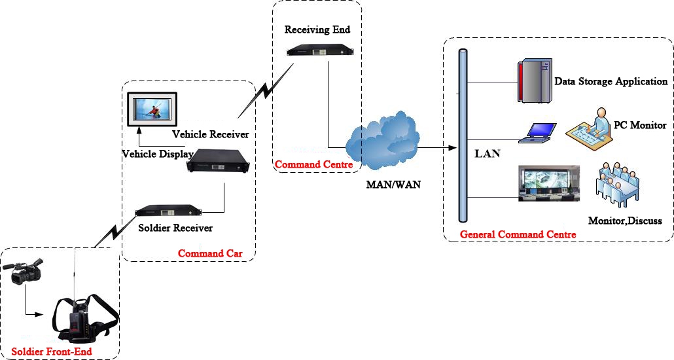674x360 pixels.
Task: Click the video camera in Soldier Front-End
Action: (x=23, y=271)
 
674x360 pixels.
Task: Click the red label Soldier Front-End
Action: (x=52, y=351)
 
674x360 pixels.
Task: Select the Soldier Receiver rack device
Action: (x=168, y=211)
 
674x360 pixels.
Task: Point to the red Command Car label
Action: (x=210, y=253)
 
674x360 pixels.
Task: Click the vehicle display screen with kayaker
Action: (x=152, y=109)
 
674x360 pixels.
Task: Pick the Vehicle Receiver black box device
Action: (x=219, y=161)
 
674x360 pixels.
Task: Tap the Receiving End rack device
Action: (x=320, y=50)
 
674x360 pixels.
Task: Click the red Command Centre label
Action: (x=314, y=164)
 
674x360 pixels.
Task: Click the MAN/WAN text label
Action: (x=393, y=185)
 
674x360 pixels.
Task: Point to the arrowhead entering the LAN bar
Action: (x=452, y=148)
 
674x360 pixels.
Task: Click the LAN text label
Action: (x=487, y=154)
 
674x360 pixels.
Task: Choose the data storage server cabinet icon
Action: (x=535, y=81)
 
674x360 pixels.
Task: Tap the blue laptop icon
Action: (x=537, y=133)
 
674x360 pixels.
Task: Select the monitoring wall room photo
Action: (x=549, y=183)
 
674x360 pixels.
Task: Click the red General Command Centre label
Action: (x=518, y=234)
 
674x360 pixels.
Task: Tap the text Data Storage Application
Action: (x=611, y=81)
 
